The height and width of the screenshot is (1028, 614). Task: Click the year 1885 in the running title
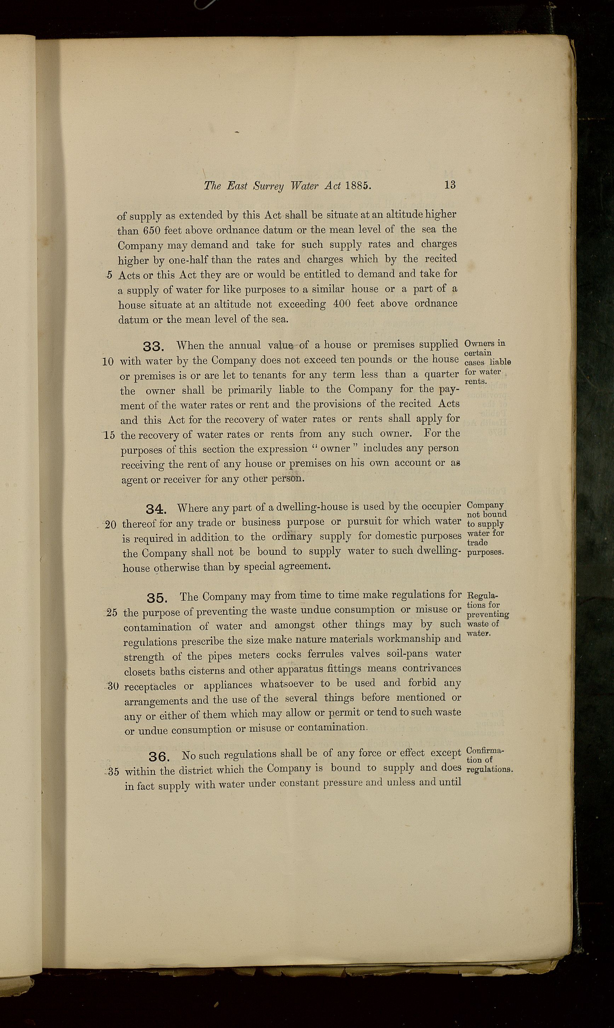click(x=358, y=186)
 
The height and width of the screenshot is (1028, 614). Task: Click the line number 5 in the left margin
click(x=109, y=275)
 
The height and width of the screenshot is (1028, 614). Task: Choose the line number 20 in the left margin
click(x=110, y=524)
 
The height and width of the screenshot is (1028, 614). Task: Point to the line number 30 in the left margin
click(x=113, y=686)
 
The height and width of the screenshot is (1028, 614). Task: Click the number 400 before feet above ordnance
click(x=342, y=304)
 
